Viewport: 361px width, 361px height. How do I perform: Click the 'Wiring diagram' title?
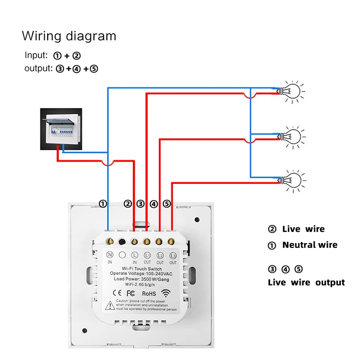click(69, 36)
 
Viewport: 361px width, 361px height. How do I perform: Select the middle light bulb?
click(292, 136)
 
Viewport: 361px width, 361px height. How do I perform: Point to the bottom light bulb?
click(292, 179)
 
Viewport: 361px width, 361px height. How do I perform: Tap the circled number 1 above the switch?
click(103, 204)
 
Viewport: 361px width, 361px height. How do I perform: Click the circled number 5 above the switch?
click(167, 204)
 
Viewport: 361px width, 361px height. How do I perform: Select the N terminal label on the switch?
click(109, 255)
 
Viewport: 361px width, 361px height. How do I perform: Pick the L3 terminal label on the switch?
click(173, 255)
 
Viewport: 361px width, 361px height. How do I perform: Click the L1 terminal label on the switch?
click(147, 255)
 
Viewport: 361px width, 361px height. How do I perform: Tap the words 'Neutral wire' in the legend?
click(309, 245)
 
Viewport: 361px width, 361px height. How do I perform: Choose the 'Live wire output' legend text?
click(306, 283)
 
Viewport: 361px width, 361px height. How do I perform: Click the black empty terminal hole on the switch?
click(122, 242)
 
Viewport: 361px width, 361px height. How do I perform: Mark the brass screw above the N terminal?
click(110, 241)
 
